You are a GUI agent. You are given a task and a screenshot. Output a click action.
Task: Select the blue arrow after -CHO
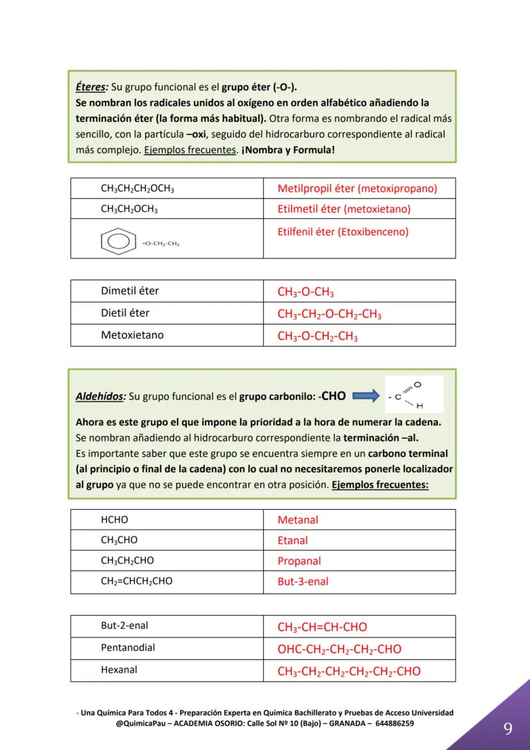click(366, 396)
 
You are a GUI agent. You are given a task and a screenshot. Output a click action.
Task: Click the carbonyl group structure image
click(414, 395)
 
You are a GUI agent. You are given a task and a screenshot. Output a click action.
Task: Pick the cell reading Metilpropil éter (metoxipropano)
click(357, 188)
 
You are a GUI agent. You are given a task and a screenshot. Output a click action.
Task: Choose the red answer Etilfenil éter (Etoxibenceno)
click(342, 232)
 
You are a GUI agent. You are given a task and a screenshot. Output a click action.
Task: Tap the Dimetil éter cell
click(130, 291)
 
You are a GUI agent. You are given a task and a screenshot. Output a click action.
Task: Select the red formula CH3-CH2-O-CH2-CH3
click(329, 314)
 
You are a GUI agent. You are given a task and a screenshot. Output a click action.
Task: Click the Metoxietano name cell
click(132, 335)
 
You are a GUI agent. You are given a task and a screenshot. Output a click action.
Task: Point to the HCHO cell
click(115, 520)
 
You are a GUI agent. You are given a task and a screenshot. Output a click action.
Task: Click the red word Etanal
click(293, 541)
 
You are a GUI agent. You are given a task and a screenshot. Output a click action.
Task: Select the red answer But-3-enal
click(303, 582)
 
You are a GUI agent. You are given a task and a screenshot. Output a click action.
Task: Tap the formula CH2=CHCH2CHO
click(136, 581)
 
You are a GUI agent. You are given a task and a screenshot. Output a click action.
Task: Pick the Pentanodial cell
click(127, 648)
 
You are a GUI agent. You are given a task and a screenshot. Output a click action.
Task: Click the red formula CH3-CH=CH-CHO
click(322, 627)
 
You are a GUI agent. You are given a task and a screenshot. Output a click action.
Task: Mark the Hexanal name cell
click(119, 670)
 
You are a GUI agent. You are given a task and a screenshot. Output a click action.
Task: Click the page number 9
click(508, 729)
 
